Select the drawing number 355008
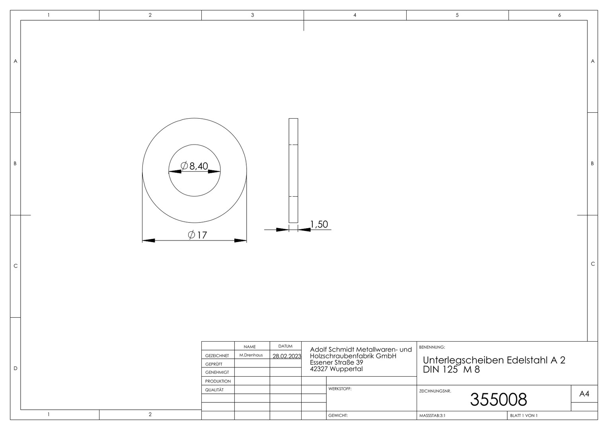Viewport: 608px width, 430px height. click(x=498, y=399)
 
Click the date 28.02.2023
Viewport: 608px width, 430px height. click(x=287, y=356)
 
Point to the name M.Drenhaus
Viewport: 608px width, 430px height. click(x=251, y=355)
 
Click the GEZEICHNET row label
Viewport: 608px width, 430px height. click(x=217, y=356)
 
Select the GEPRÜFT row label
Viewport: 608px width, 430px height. click(x=214, y=364)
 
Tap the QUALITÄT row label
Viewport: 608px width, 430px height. click(x=214, y=390)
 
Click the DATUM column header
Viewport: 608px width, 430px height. click(x=285, y=346)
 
